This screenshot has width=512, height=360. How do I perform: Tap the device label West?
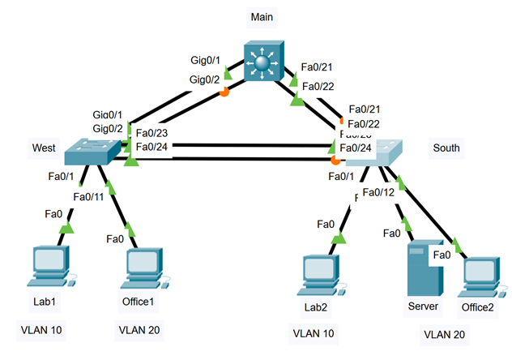pyautogui.click(x=44, y=148)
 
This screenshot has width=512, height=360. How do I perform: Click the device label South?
pyautogui.click(x=446, y=148)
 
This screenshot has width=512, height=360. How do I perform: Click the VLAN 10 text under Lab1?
pyautogui.click(x=41, y=330)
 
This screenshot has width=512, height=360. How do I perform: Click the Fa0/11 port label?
pyautogui.click(x=88, y=196)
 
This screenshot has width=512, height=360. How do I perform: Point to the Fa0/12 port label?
pyautogui.click(x=378, y=192)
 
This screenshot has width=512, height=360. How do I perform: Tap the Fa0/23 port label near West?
pyautogui.click(x=152, y=133)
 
